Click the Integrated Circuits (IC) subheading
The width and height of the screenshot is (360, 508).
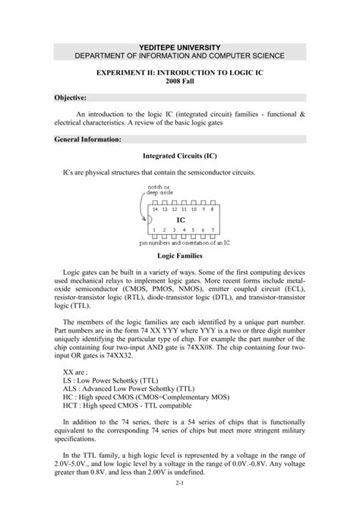coord(180,156)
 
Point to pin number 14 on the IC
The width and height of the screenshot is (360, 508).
coord(155,208)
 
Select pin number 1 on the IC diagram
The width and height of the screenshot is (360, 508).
coord(154,230)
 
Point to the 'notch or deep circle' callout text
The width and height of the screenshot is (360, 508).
coord(161,189)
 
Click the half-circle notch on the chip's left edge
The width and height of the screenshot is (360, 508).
coord(150,219)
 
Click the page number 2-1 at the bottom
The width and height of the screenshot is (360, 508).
coord(179,482)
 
